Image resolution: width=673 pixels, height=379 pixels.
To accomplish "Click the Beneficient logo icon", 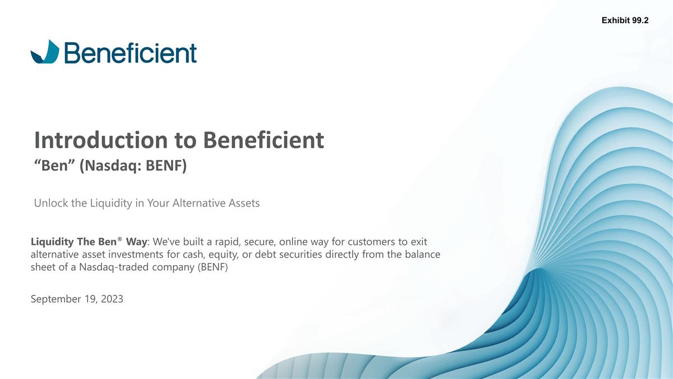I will [x=44, y=52].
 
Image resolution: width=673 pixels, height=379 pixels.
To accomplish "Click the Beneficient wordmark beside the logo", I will [x=131, y=53].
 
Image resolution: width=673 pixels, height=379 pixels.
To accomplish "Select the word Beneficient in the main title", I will [x=264, y=140].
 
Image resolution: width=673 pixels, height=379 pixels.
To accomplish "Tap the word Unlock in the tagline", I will [x=51, y=203].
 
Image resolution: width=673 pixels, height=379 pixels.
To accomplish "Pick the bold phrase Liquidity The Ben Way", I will [x=89, y=242].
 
